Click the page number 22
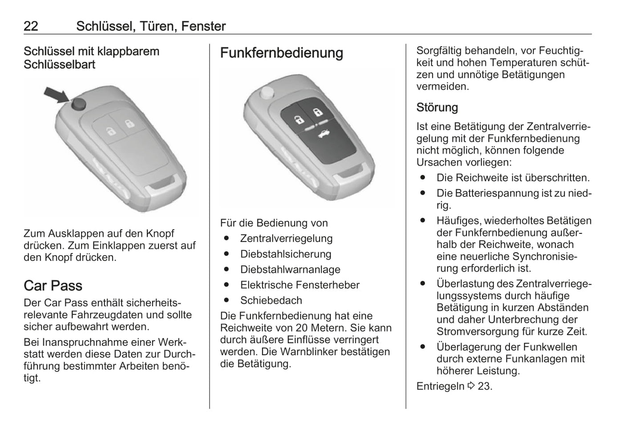(x=31, y=26)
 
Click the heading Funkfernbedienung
(x=281, y=53)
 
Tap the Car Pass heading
(x=53, y=285)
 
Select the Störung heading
(x=437, y=108)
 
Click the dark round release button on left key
(x=78, y=104)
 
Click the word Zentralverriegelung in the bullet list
(x=286, y=239)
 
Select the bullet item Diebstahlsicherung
(x=285, y=254)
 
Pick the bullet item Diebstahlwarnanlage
(x=290, y=270)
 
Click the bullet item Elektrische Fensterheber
(x=299, y=285)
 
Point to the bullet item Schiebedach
(x=271, y=301)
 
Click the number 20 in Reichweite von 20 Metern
(x=301, y=328)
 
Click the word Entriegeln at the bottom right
(x=440, y=386)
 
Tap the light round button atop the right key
(x=267, y=92)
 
